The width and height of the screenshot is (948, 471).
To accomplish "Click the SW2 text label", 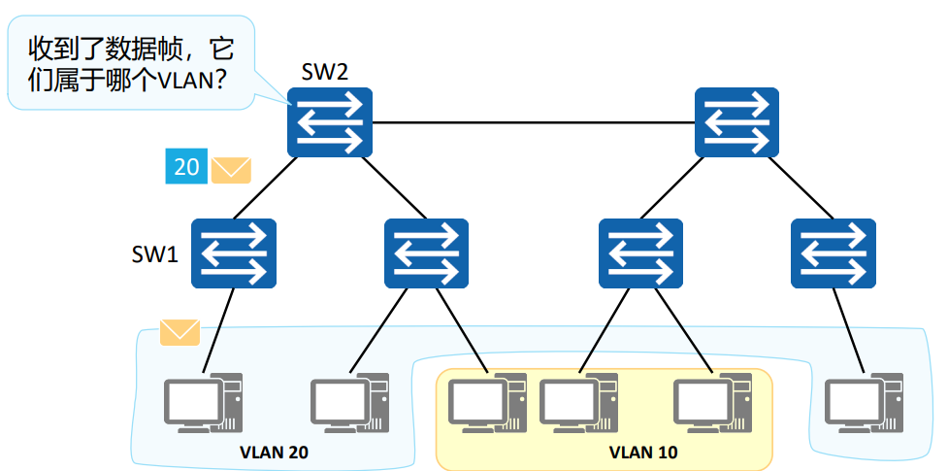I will (x=324, y=72).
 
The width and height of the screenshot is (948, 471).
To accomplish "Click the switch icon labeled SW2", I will (x=330, y=122).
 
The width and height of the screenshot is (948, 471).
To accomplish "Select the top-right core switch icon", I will (x=736, y=122).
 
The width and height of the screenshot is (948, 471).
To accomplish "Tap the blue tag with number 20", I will (x=185, y=167).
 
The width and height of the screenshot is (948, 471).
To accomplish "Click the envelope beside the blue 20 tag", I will (x=231, y=170).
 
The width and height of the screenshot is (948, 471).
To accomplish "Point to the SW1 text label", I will (x=155, y=254).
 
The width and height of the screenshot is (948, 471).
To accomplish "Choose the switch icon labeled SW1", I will (x=233, y=253).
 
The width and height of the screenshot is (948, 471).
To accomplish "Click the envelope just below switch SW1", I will (x=180, y=332).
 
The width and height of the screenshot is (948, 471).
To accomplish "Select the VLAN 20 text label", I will (x=274, y=453).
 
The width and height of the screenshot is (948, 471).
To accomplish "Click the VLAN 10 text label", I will (x=643, y=453).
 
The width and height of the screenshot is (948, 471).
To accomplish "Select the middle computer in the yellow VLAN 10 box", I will (x=578, y=403).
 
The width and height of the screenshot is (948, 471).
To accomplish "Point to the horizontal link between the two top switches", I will (x=534, y=123).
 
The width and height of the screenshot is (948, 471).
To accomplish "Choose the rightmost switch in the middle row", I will (x=833, y=253).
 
